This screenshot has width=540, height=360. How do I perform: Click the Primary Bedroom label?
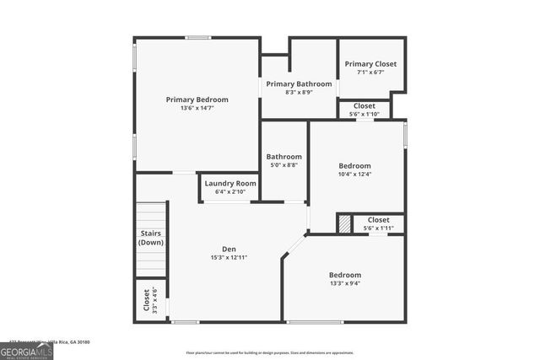(197, 99)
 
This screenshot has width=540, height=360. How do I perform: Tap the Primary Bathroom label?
(299, 84)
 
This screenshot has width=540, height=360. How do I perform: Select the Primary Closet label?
(370, 64)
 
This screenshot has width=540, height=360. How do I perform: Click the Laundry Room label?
(229, 183)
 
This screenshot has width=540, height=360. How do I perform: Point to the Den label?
(229, 249)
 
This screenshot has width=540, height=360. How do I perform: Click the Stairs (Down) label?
(151, 239)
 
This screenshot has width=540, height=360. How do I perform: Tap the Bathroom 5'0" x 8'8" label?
(284, 157)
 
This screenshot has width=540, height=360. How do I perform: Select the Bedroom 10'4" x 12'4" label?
(354, 166)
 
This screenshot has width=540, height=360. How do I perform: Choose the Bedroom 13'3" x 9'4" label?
(345, 275)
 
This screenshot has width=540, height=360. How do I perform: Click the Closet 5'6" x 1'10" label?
(364, 106)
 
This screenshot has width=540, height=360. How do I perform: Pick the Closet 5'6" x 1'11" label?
(379, 220)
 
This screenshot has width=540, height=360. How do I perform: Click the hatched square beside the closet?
(344, 223)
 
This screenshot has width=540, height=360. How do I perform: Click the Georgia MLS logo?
(26, 350)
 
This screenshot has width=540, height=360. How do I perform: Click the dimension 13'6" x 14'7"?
(197, 108)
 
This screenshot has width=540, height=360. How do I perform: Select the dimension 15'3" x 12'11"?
(229, 257)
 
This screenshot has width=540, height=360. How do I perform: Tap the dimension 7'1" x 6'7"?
(370, 73)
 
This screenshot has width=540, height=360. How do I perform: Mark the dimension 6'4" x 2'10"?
(229, 191)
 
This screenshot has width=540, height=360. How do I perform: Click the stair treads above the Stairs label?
(151, 215)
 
